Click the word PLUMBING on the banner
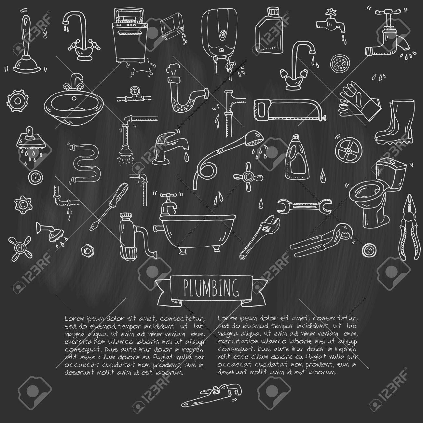211,288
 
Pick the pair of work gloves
359,101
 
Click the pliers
410,228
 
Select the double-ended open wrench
304,206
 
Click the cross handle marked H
20,248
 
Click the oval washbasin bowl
74,108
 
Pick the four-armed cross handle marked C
248,177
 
